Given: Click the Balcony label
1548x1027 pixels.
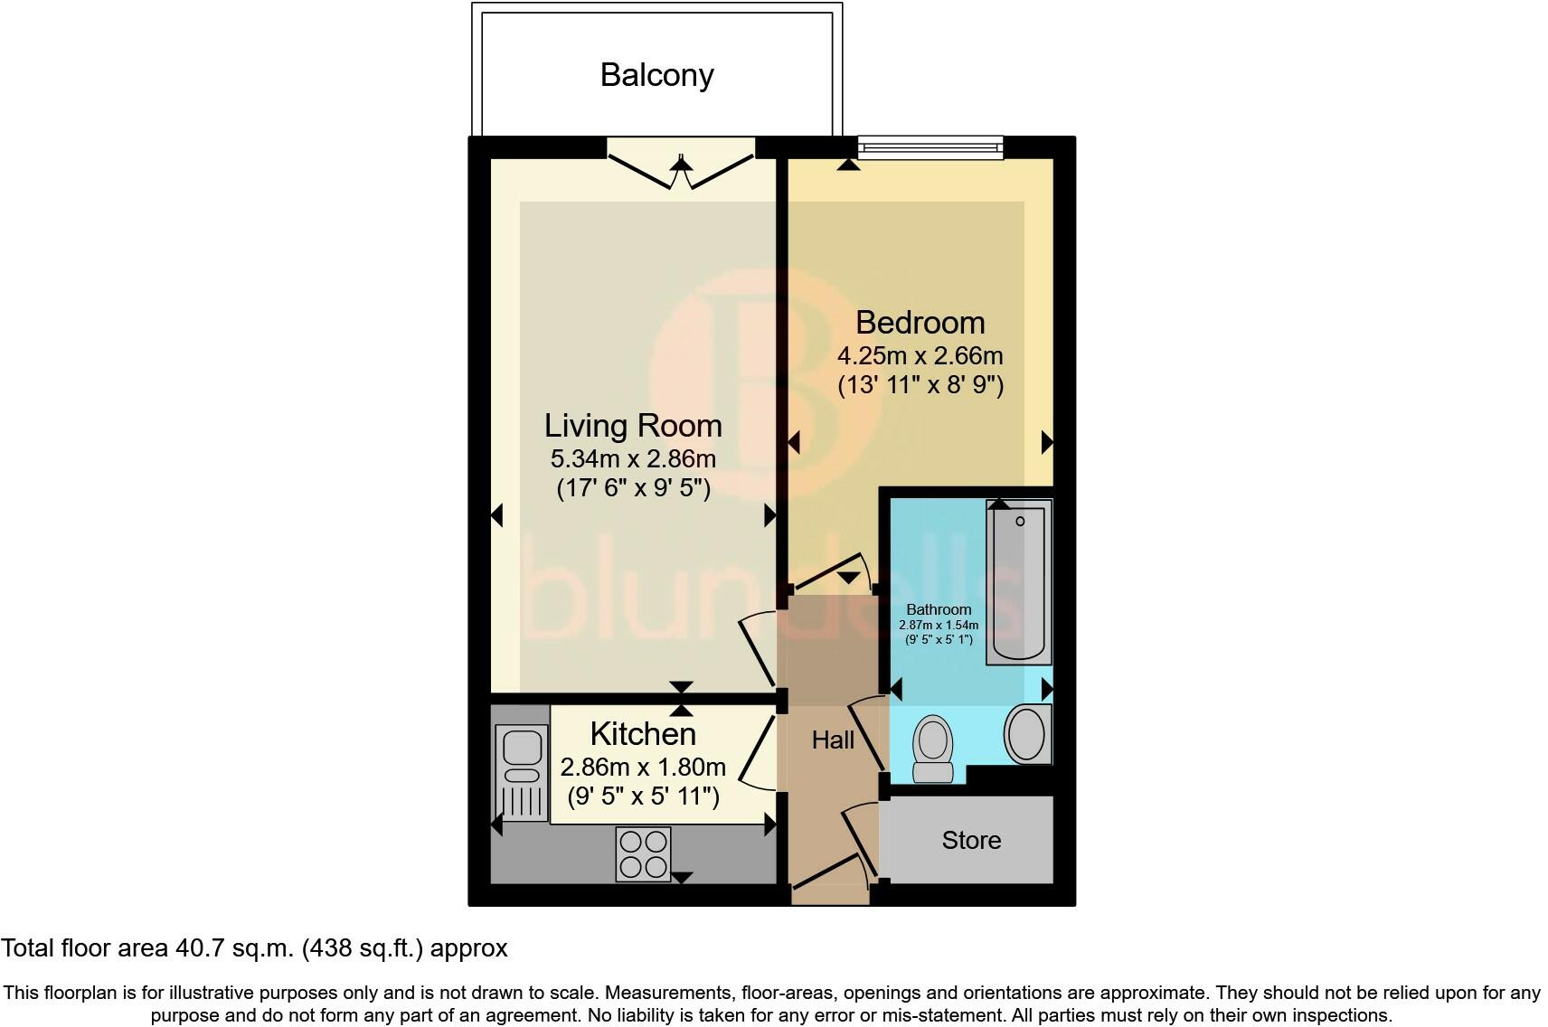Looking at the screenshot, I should click(656, 74).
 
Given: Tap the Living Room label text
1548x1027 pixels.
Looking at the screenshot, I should click(633, 426).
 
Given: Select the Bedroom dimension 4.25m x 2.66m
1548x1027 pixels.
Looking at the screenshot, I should click(920, 355).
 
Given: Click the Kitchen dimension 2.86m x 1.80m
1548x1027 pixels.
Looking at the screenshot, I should click(643, 768).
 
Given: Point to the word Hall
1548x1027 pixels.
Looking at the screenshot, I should click(833, 740).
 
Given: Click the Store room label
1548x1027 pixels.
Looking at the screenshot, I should click(971, 841).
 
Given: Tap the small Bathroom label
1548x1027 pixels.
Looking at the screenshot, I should click(939, 609).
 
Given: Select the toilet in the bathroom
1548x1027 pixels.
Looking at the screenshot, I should click(933, 747).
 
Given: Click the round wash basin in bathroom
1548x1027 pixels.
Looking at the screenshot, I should click(1026, 733).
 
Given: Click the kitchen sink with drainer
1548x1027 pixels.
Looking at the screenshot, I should click(523, 774).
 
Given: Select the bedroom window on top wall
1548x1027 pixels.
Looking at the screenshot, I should click(930, 146).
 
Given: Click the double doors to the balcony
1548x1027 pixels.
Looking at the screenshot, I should click(681, 163).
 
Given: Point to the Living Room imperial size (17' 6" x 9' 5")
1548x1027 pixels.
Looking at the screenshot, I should click(633, 488).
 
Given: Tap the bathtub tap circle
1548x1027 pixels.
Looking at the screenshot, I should click(1020, 522).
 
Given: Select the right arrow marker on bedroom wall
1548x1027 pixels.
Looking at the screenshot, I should click(1047, 442).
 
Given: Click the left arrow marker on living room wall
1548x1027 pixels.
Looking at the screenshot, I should click(496, 515).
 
